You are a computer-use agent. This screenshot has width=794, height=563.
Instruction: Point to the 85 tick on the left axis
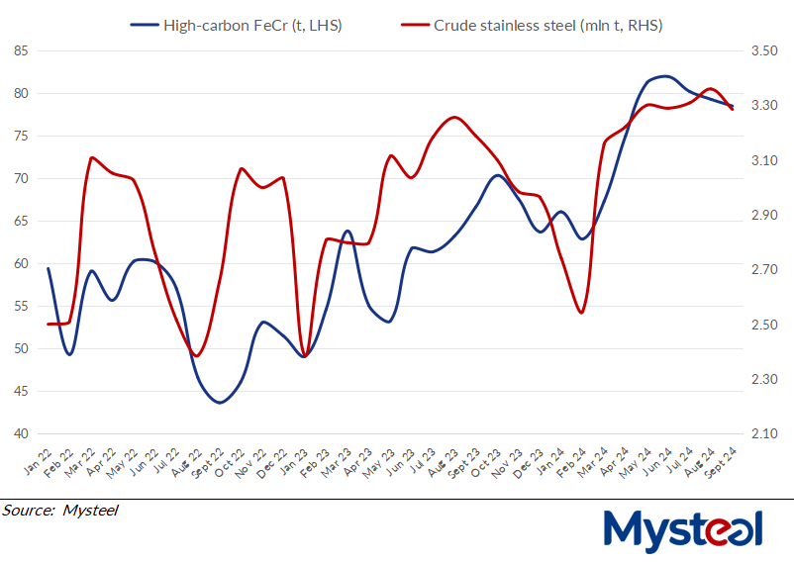(x=21, y=50)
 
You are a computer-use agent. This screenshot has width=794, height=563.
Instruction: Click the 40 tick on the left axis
(x=21, y=434)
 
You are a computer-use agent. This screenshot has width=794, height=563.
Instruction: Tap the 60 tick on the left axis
(x=21, y=264)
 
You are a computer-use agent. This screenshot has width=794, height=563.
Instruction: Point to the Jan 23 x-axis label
(x=294, y=459)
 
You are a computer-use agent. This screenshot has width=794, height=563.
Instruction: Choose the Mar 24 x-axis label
(x=593, y=459)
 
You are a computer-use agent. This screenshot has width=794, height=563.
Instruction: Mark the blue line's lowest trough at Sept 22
(x=220, y=403)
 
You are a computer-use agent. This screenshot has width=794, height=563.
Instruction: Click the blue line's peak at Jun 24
(x=663, y=75)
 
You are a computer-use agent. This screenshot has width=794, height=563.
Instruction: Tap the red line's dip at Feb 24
(x=581, y=313)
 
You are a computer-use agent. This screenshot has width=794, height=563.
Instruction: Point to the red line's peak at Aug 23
(x=453, y=117)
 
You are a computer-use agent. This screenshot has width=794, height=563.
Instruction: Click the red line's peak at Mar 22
(x=91, y=157)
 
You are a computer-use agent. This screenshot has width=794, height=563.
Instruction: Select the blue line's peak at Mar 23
(x=347, y=231)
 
